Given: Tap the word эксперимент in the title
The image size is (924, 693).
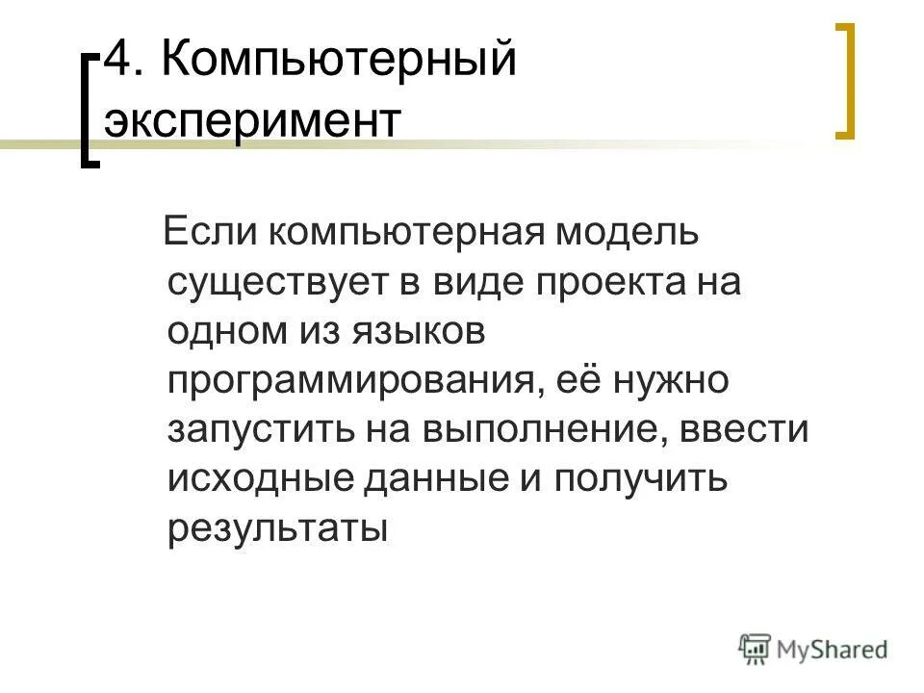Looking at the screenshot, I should pos(252,125).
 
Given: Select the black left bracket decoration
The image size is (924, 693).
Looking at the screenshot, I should pos(90,111).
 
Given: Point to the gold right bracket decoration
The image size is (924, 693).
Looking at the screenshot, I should pos(844,82).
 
